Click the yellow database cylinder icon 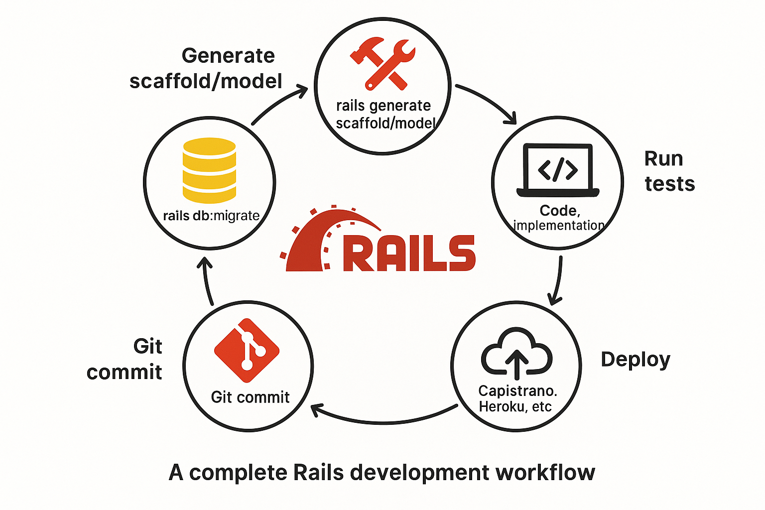[x=209, y=170]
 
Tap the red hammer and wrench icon [x=382, y=64]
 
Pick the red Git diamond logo [x=247, y=351]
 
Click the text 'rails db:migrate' [x=211, y=216]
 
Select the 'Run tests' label [x=669, y=171]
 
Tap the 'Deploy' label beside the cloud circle [x=636, y=360]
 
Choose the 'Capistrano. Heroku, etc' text [x=516, y=398]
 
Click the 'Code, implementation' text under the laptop [x=559, y=218]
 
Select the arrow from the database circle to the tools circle [x=279, y=104]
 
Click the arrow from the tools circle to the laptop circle [x=488, y=102]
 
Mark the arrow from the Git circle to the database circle [x=207, y=281]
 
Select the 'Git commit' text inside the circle [x=250, y=397]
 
